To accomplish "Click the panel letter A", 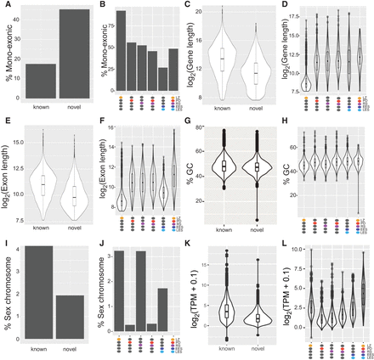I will pos(5,5).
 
